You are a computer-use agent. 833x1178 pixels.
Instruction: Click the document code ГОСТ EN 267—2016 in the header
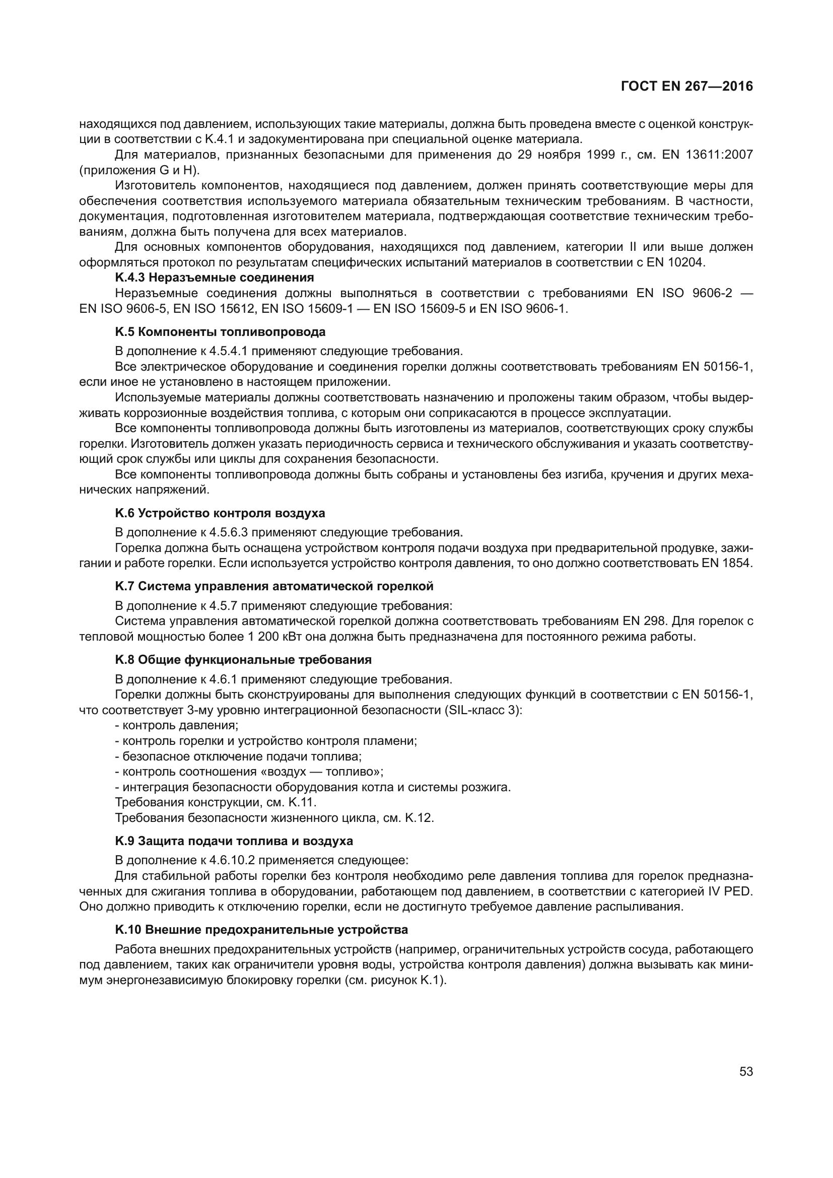click(687, 86)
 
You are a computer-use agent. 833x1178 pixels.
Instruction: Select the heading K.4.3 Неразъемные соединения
click(215, 278)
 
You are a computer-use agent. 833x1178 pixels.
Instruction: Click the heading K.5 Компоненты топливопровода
click(220, 332)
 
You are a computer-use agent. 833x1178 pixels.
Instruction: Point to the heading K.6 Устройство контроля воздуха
click(220, 513)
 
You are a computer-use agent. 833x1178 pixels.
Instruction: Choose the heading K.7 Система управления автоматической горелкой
click(274, 586)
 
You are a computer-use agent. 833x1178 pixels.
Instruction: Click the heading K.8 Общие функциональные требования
click(243, 659)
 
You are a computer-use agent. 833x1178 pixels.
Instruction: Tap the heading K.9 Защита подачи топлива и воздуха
click(234, 842)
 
